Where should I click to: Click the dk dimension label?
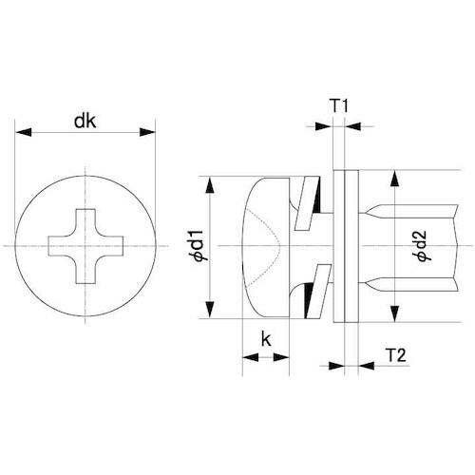[x=85, y=121]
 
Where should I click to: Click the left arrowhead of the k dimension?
[x=247, y=356]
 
